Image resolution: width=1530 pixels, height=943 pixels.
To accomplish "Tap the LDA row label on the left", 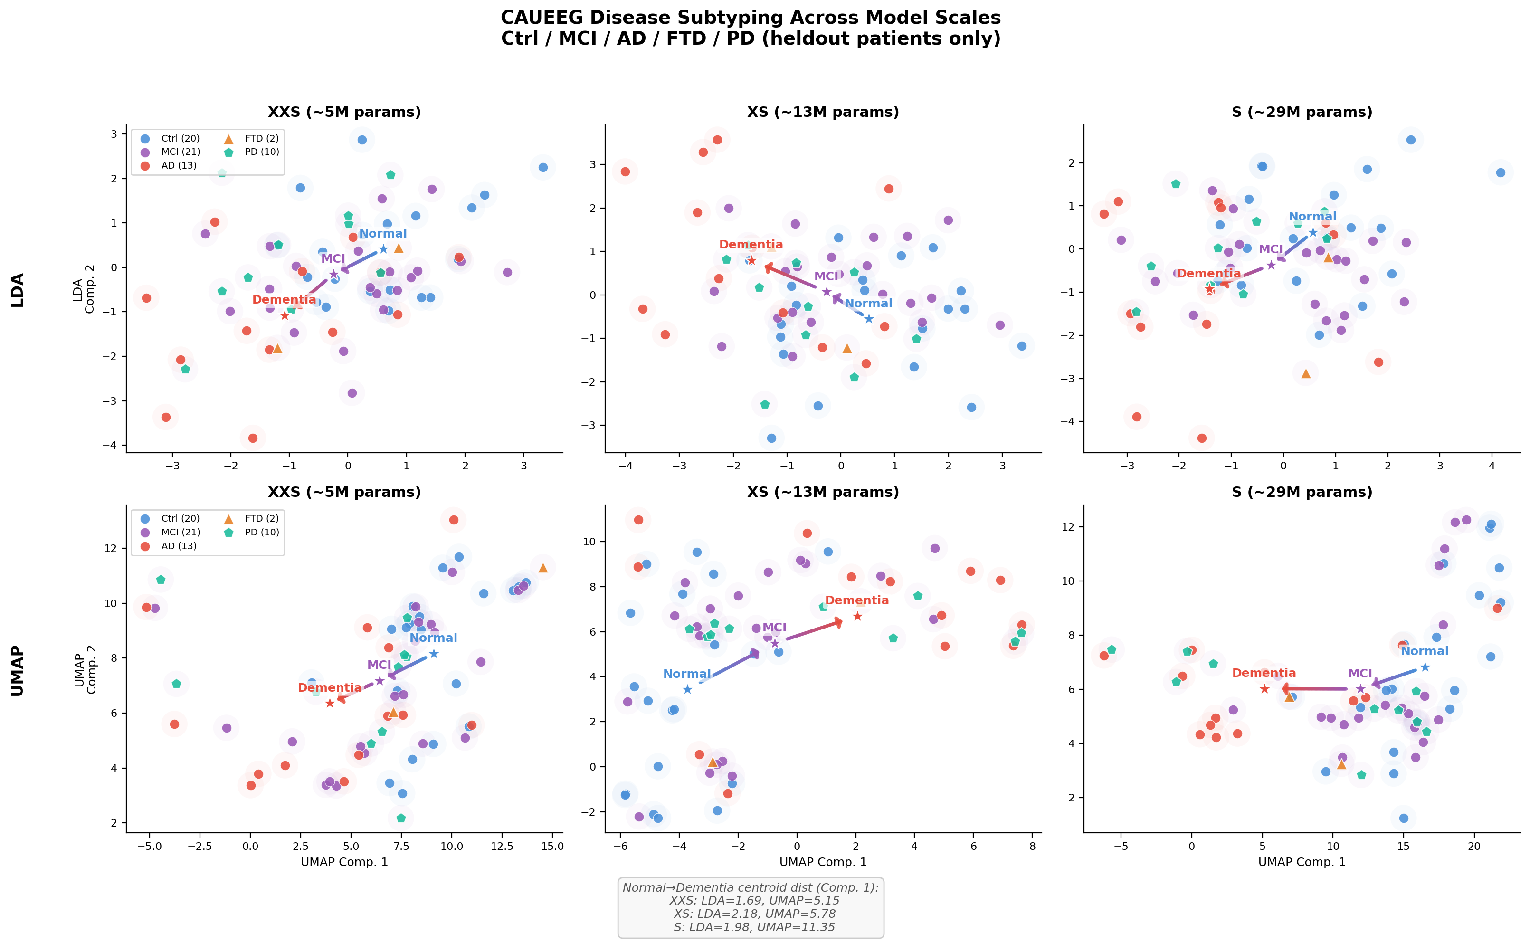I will tap(18, 290).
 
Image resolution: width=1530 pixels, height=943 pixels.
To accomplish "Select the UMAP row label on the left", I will tap(18, 670).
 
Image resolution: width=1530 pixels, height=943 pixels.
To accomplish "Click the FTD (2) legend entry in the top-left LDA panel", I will tap(253, 138).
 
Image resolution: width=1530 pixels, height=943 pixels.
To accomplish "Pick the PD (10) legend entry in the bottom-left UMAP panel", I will tap(253, 532).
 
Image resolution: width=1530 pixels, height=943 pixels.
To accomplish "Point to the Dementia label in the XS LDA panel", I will tap(751, 245).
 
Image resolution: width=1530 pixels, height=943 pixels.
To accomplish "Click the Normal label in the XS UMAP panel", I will tap(686, 674).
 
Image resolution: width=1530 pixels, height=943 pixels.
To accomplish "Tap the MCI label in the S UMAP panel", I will tap(1360, 673).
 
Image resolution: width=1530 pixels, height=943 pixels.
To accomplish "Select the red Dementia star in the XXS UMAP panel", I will tap(330, 704).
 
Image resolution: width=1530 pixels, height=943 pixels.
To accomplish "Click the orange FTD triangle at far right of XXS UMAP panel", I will tap(543, 568).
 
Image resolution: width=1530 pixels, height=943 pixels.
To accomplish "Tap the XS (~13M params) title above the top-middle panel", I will tap(823, 112).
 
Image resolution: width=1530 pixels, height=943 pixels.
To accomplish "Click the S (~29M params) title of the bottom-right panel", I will tap(1302, 492).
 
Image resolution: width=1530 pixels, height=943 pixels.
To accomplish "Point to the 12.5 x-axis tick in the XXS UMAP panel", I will tap(502, 847).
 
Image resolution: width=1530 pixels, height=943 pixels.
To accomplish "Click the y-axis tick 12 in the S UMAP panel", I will tap(1067, 527).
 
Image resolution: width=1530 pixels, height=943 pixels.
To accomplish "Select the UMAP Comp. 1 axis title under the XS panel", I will tap(823, 862).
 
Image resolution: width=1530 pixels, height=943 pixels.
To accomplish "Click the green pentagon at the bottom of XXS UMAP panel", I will tap(401, 818).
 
